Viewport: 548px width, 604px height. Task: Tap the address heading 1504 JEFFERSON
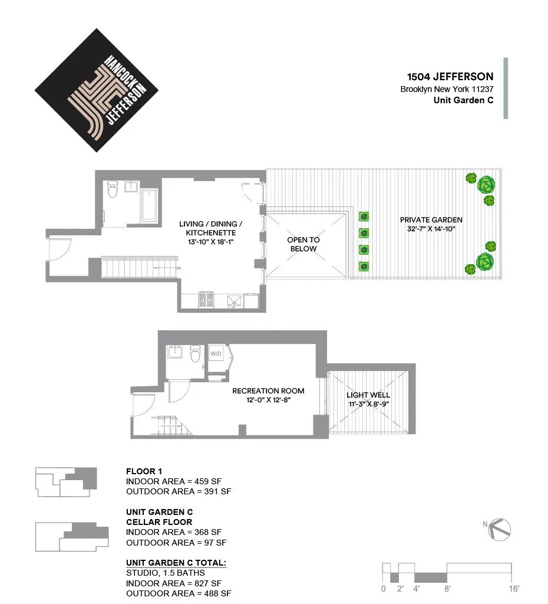[450, 77]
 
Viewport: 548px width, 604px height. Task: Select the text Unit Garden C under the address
[463, 100]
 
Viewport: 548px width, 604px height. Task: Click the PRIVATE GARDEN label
[431, 219]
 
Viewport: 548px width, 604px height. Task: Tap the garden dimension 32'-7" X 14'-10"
[431, 229]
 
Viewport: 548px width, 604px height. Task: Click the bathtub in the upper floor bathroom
[150, 205]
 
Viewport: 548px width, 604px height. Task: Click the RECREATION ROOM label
[268, 390]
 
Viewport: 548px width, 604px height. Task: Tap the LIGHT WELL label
[368, 395]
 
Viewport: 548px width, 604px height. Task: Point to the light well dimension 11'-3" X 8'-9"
[368, 404]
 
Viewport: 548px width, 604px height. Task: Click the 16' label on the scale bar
[513, 589]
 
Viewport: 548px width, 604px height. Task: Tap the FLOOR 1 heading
[144, 471]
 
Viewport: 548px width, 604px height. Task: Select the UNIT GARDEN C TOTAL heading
[176, 563]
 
